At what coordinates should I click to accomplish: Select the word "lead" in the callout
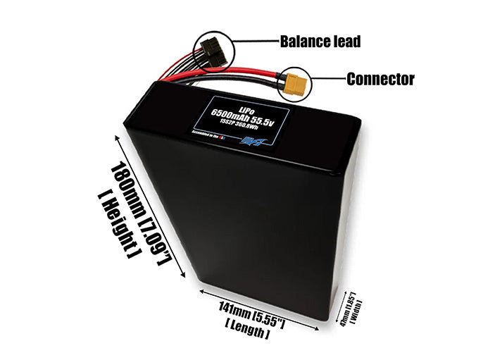pos(345,42)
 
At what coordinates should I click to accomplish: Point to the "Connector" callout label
pos(380,79)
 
